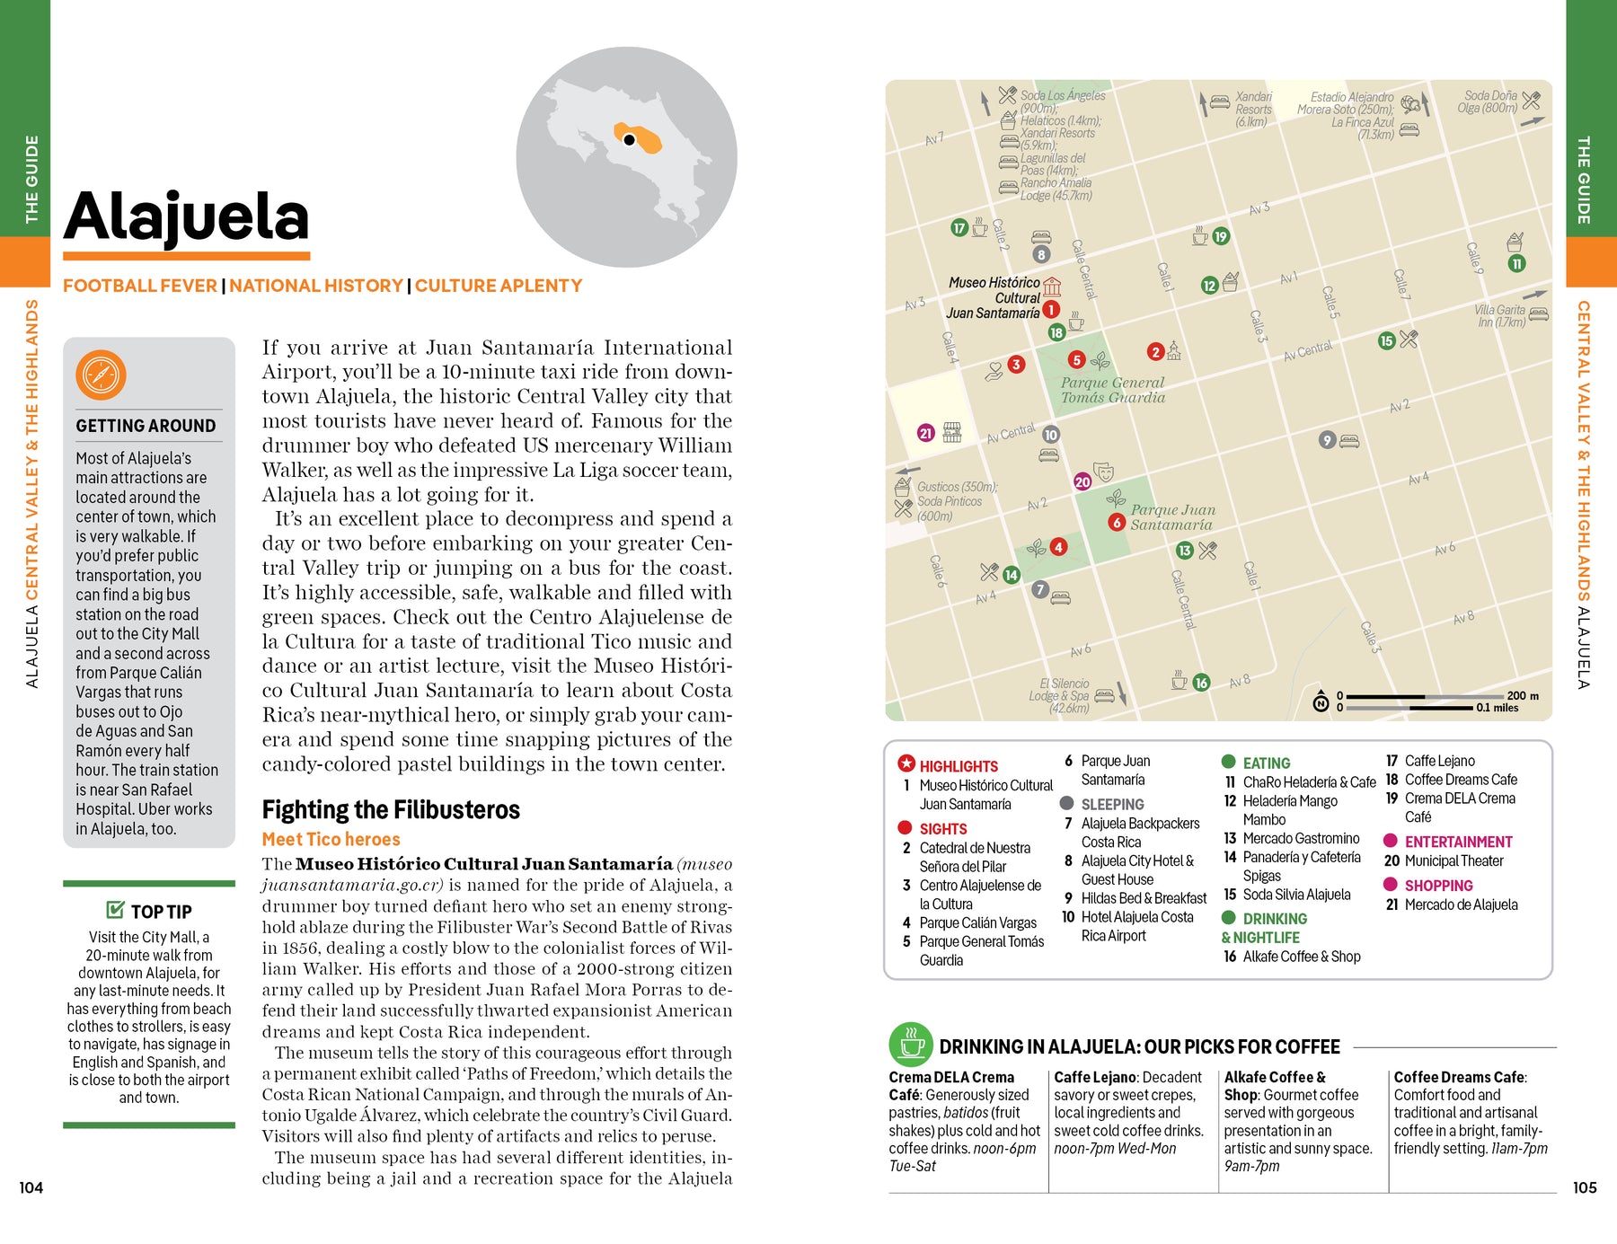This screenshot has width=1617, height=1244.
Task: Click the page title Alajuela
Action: pos(186,218)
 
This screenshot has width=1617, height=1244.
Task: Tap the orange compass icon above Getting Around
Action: pos(101,375)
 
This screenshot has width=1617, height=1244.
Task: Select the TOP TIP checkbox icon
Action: pos(115,910)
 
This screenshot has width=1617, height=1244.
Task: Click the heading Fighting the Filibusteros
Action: pos(391,810)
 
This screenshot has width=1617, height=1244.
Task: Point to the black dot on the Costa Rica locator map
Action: pos(630,140)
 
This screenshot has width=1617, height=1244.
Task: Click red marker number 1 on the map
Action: pos(1050,309)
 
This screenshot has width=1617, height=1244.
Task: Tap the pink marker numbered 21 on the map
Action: pos(925,433)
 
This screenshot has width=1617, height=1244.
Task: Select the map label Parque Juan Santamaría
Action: pos(1172,517)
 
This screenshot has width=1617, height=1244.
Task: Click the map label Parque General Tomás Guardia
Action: pos(1112,390)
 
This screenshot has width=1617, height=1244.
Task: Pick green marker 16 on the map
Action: pos(1201,683)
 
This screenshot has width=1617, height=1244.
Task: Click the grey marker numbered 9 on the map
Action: pos(1327,440)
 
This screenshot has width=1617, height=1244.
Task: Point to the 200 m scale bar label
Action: pos(1522,695)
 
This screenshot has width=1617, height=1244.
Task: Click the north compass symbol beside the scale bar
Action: pos(1321,702)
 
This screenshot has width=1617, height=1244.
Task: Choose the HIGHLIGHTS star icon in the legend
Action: pos(906,763)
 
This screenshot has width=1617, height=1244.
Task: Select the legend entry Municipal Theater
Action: pos(1454,860)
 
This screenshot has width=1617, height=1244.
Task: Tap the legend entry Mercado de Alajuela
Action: pos(1461,904)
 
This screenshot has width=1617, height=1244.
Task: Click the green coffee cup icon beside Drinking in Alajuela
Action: pos(911,1045)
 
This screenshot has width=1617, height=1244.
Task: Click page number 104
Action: pos(31,1187)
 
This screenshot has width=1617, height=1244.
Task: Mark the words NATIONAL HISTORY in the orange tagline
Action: pos(316,286)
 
